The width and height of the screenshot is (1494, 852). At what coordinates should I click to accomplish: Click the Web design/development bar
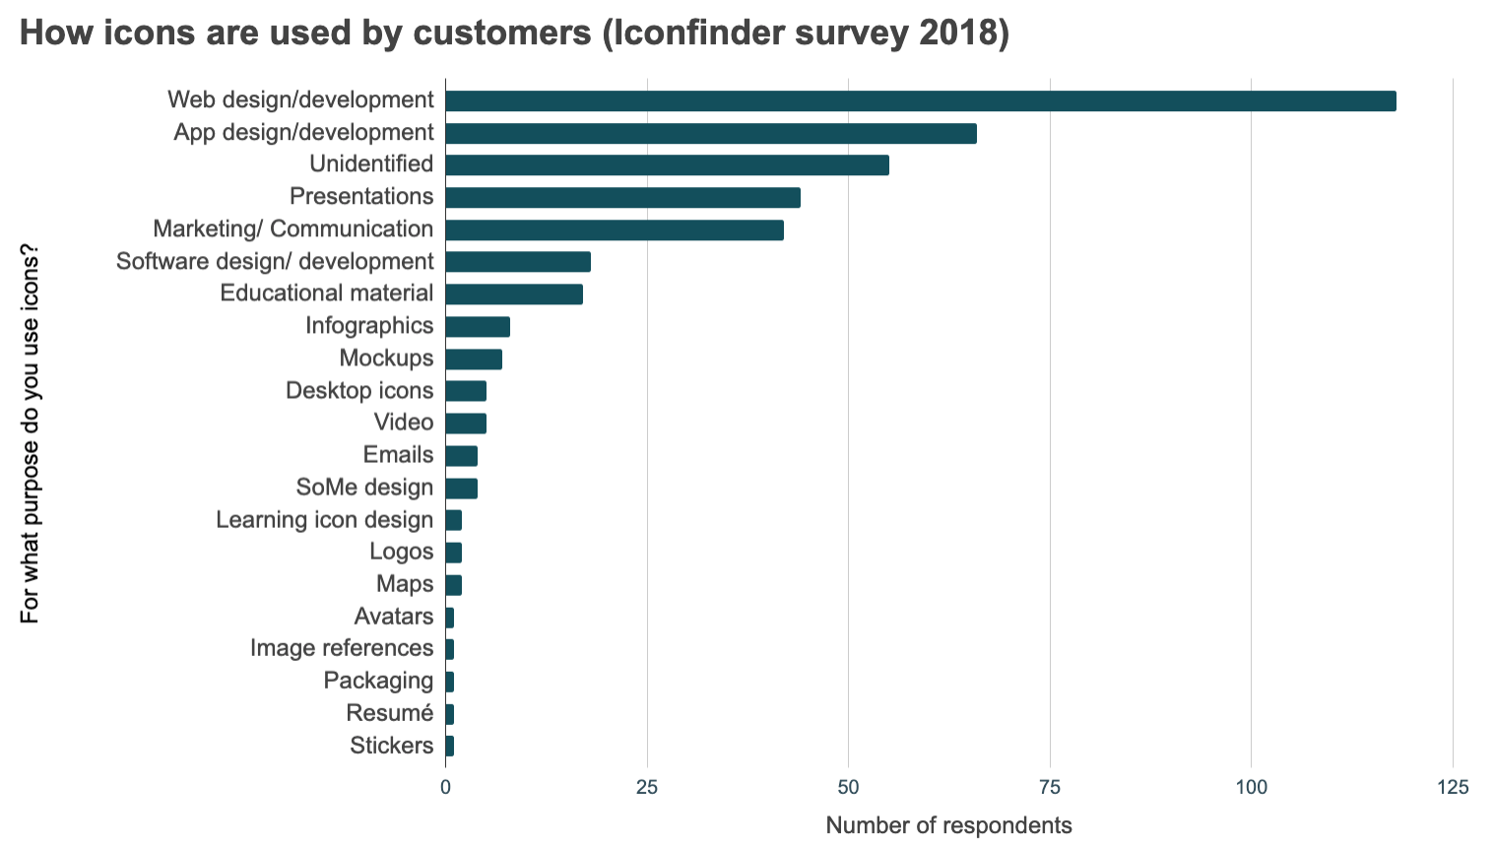point(920,100)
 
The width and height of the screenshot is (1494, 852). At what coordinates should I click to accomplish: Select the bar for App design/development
point(710,133)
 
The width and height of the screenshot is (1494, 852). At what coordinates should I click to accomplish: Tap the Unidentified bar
point(667,165)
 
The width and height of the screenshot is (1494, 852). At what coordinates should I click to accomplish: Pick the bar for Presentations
point(622,197)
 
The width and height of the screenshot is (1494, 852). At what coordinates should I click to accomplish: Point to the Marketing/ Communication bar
point(614,229)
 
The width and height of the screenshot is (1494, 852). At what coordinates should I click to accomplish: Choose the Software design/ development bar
point(517,262)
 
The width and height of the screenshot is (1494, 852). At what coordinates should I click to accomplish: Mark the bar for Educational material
point(513,294)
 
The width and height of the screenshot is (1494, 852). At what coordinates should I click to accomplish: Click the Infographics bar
point(477,326)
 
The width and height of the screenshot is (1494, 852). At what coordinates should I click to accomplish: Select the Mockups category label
point(386,359)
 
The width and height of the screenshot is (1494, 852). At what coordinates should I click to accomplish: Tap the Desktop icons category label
point(359,391)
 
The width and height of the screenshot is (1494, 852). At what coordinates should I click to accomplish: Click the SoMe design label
point(364,488)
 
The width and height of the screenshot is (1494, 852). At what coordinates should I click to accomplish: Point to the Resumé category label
point(390,713)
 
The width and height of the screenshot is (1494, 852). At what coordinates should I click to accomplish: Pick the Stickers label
point(391,746)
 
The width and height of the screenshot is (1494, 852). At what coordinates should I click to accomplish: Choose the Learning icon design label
point(324,520)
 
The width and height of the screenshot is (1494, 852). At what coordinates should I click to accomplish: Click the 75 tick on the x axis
point(1050,787)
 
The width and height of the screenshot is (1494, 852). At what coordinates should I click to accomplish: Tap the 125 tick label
point(1452,787)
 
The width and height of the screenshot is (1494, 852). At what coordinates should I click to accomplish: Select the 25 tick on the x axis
point(647,787)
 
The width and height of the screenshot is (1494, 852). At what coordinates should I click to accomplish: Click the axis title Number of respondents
point(948,825)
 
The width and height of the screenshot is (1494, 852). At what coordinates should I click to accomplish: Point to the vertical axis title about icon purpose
point(31,433)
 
